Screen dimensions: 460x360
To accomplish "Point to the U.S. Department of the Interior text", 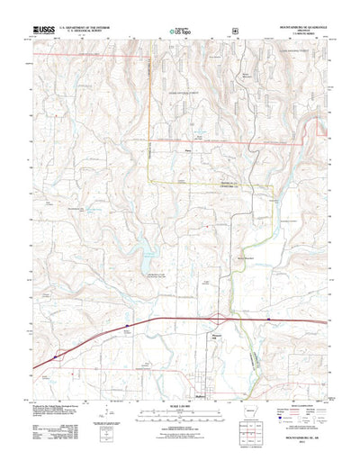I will [x=90, y=27].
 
